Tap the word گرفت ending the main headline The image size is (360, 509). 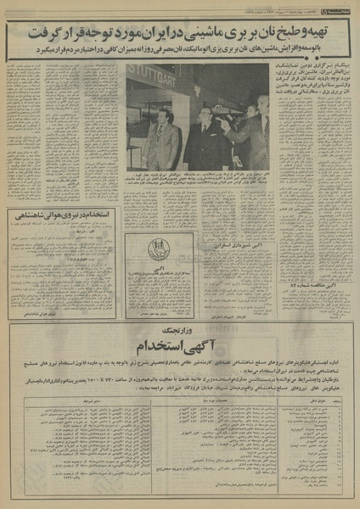pyautogui.click(x=34, y=36)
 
